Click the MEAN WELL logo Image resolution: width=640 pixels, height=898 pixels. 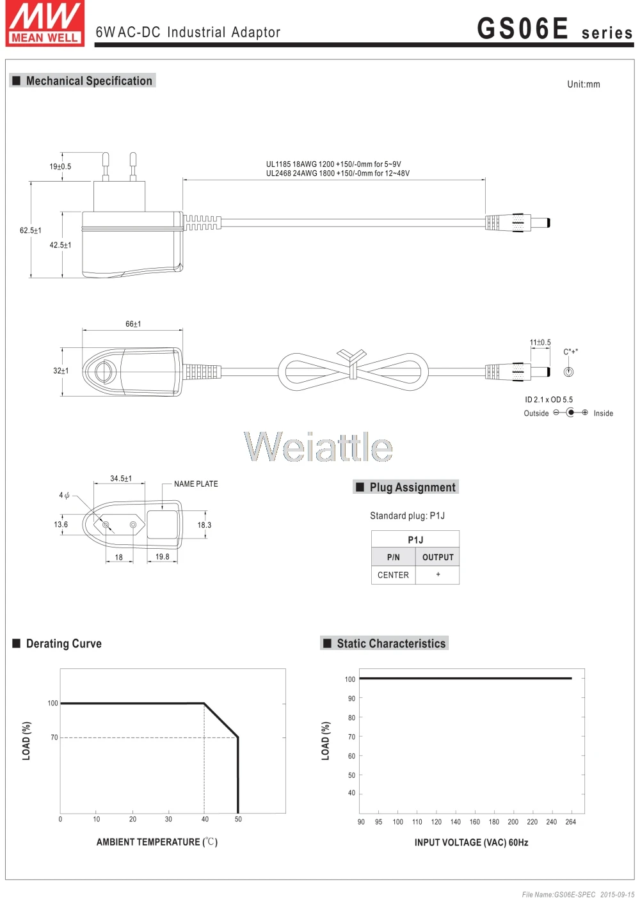point(45,23)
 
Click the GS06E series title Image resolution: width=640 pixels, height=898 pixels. point(554,29)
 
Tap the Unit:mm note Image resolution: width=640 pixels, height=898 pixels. point(584,84)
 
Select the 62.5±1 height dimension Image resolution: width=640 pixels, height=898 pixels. point(31,230)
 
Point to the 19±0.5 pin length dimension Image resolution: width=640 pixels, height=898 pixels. point(60,166)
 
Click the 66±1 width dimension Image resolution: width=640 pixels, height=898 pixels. point(133,324)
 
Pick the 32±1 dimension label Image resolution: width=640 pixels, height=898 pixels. point(61,371)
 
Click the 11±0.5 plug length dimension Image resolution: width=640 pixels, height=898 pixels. point(540,342)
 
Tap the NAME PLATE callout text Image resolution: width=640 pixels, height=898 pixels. point(196,484)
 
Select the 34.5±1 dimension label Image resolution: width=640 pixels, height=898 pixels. point(121,478)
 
